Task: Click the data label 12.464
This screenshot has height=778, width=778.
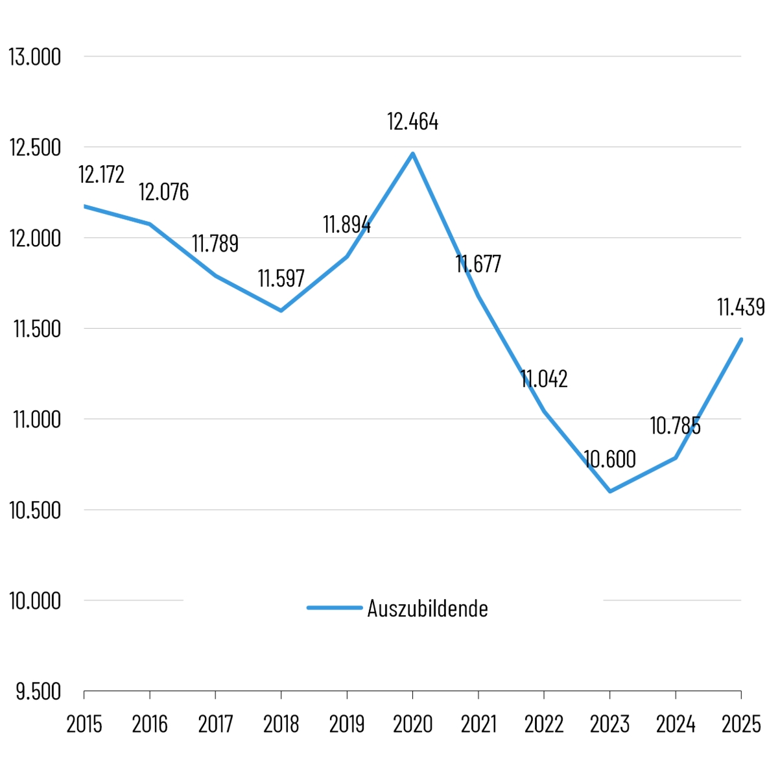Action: click(x=412, y=122)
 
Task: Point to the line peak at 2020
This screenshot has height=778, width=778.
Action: click(x=412, y=154)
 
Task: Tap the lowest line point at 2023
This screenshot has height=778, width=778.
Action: click(x=609, y=491)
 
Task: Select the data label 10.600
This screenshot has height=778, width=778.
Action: click(x=609, y=460)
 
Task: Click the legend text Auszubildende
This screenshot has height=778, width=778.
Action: click(x=427, y=609)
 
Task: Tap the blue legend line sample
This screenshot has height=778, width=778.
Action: click(x=334, y=608)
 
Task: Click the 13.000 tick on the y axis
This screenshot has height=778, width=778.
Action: click(x=35, y=57)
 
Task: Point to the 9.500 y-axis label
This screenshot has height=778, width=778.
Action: click(x=38, y=692)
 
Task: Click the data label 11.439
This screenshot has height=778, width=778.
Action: click(x=740, y=307)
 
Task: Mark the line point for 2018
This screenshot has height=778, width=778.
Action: click(x=281, y=311)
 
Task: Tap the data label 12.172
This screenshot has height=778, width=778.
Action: click(x=101, y=175)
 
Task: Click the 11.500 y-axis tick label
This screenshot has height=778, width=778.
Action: click(x=36, y=329)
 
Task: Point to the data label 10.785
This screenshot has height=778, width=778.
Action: click(x=675, y=426)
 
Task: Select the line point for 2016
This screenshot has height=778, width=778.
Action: click(x=150, y=224)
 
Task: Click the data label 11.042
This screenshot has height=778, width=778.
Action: click(x=544, y=379)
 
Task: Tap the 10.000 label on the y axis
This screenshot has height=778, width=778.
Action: click(x=35, y=601)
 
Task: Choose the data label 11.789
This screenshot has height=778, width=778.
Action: click(x=215, y=244)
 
